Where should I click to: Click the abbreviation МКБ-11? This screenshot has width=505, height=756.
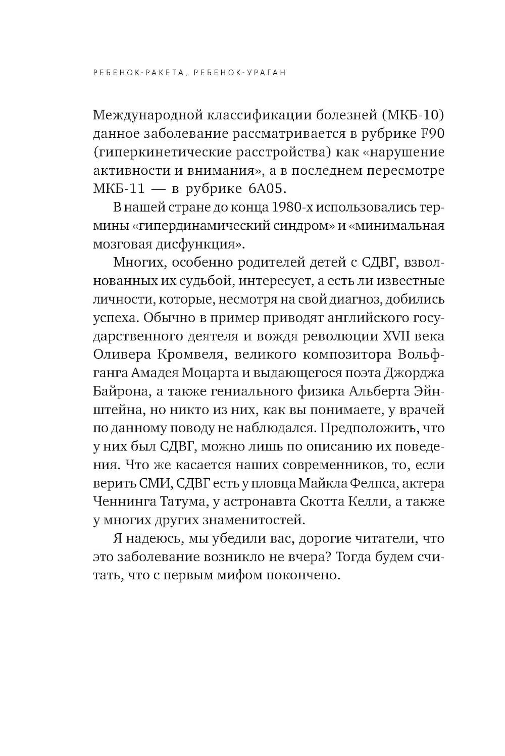click(x=119, y=189)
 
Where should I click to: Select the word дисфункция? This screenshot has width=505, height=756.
click(x=200, y=244)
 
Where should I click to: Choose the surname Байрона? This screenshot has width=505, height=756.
click(x=116, y=392)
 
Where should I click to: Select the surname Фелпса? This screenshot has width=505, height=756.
click(x=372, y=484)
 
